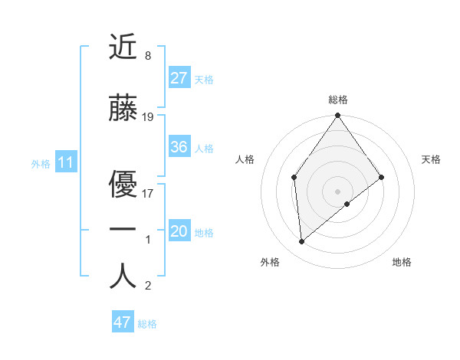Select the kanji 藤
(123, 109)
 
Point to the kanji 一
(123, 229)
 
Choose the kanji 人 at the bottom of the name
(123, 276)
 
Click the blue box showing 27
(179, 78)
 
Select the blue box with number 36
(179, 148)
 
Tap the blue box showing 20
(179, 232)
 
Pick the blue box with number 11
(66, 162)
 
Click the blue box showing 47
(123, 322)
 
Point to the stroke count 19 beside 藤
(148, 117)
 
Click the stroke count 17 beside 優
(148, 193)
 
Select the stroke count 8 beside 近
(147, 56)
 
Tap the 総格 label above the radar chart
(337, 100)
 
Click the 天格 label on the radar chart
(431, 159)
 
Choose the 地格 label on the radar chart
(402, 262)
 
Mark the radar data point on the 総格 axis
(337, 116)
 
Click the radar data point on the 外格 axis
(301, 241)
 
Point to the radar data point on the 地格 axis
(347, 204)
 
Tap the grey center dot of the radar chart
(337, 190)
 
